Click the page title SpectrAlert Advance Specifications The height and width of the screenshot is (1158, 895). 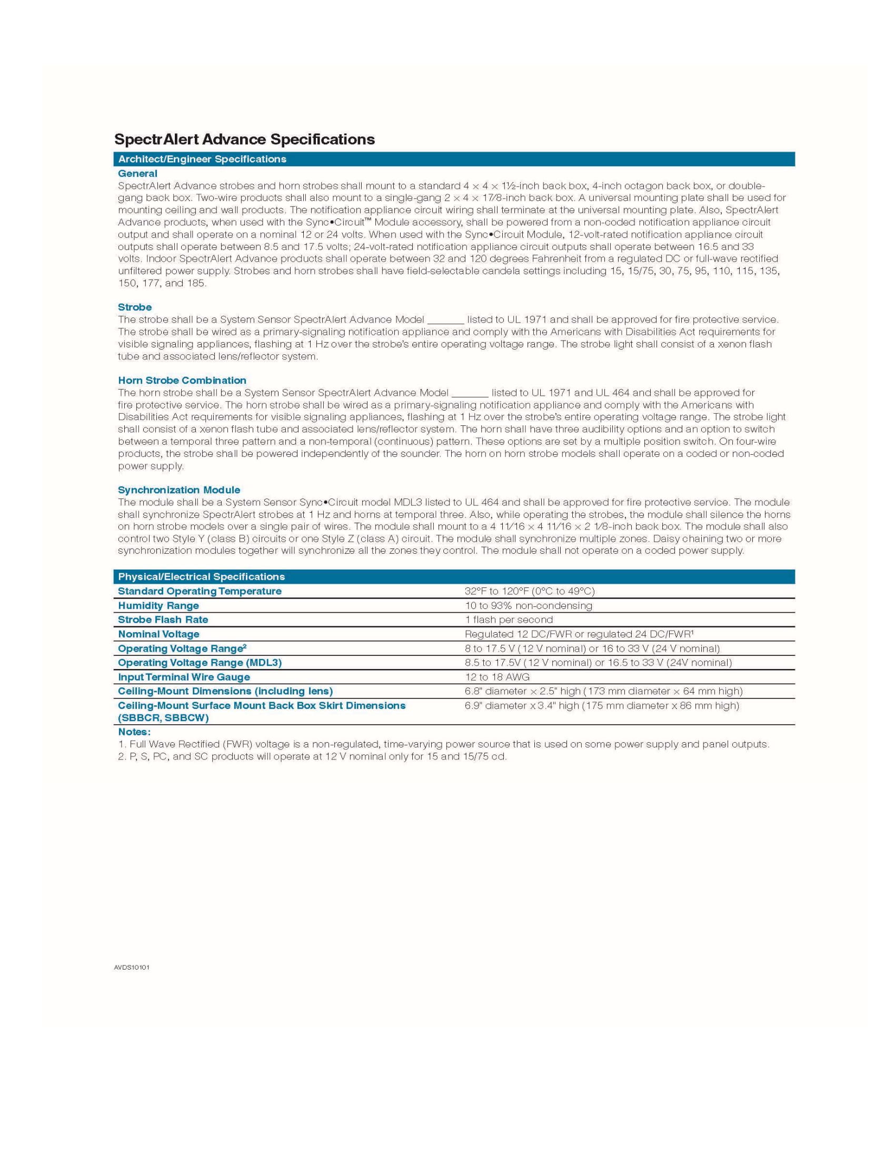coord(244,139)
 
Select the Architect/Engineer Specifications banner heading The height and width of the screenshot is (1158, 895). coord(202,159)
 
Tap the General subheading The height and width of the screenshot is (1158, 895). coord(137,173)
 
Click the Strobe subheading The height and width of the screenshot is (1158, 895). coord(135,307)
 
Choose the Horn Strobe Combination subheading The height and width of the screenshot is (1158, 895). coord(182,380)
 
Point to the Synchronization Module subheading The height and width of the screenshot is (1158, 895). coord(178,490)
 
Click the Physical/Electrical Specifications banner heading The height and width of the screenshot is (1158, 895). coord(201,576)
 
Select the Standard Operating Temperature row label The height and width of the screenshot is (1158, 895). coord(200,591)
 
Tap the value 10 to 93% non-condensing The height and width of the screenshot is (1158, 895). coord(528,605)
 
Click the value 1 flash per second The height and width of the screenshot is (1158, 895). coord(509,620)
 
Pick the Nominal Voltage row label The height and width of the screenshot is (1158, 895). coord(158,634)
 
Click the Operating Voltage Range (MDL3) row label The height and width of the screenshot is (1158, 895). coord(200,663)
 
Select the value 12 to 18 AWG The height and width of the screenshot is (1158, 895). coord(497,677)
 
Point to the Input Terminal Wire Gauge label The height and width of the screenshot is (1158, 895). coord(183,677)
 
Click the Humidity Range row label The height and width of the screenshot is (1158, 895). coord(158,605)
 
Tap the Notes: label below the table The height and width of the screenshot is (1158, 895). coord(134,732)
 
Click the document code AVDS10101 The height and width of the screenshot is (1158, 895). coord(132,967)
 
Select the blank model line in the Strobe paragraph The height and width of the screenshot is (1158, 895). coord(445,321)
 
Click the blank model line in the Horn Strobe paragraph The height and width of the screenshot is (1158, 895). coord(470,394)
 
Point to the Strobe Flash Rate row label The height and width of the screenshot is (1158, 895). coord(163,620)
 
